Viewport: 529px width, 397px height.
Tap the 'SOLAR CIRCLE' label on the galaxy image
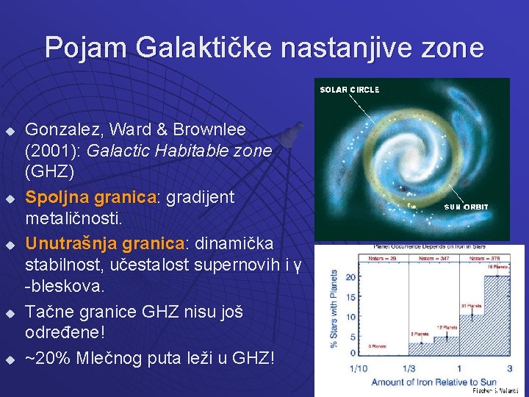(x=349, y=90)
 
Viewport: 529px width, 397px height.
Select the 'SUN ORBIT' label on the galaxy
(x=466, y=207)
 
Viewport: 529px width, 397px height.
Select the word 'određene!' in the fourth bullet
(x=66, y=332)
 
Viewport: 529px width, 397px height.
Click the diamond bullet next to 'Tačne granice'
(x=10, y=313)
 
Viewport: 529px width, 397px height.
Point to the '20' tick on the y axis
(x=350, y=276)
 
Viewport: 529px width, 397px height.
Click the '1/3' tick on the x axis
(x=408, y=368)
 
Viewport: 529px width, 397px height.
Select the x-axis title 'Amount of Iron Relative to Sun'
(x=433, y=382)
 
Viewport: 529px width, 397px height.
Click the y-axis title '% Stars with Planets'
(x=334, y=308)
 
